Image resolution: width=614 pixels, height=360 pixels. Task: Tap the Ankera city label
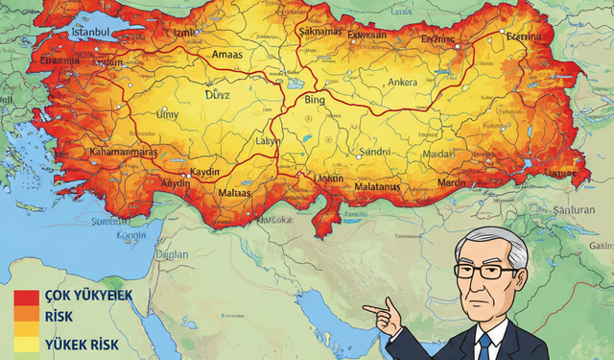[401, 83]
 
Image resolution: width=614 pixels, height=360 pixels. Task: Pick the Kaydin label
[206, 171]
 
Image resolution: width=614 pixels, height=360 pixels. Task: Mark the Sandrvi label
[375, 152]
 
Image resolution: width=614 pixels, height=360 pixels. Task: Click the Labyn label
[269, 140]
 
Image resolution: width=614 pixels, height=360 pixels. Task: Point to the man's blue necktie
[485, 345]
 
